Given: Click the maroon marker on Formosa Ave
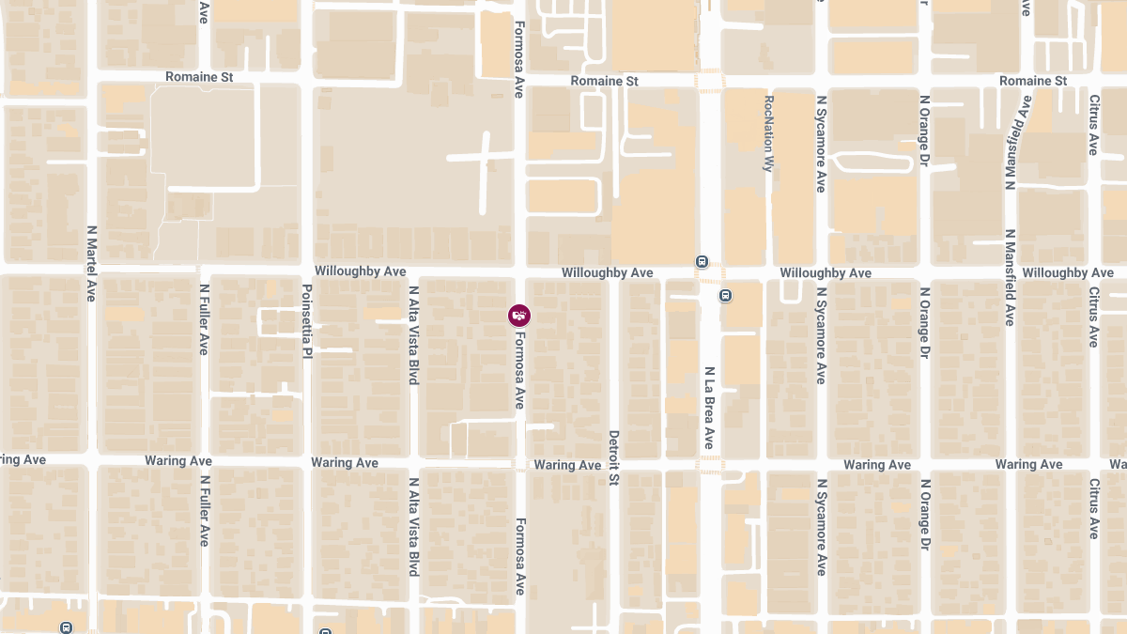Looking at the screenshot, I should tap(519, 316).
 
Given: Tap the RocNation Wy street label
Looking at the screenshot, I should tap(768, 132).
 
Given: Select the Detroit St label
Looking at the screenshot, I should tap(614, 458).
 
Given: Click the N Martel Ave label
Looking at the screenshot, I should tap(91, 263).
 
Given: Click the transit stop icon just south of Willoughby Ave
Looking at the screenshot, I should tap(726, 296).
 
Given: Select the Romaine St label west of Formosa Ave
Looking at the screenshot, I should tap(199, 77).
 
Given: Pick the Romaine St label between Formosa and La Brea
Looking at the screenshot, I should tap(605, 82).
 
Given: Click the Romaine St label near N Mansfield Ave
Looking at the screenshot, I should tap(1033, 81).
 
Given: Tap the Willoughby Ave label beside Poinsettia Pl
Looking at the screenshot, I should tap(360, 271).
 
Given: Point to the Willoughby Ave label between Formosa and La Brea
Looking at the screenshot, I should tap(607, 272).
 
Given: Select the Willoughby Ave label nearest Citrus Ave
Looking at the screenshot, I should tap(1069, 272).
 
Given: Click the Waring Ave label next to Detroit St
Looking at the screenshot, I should tap(567, 465).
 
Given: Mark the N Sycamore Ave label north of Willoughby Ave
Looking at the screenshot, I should tap(820, 144).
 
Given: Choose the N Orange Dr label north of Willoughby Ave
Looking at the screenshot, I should tap(924, 138).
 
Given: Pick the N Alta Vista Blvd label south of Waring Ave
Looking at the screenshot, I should tap(412, 526).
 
